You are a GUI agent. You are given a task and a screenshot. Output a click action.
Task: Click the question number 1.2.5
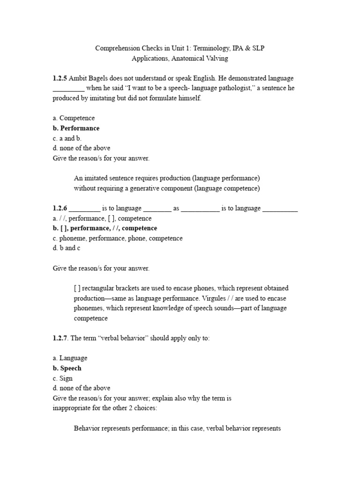[60, 78]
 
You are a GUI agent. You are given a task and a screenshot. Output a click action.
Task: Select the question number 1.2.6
[60, 209]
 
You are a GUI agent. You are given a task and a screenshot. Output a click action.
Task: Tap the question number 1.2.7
[61, 338]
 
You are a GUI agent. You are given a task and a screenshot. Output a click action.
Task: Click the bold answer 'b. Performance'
[76, 128]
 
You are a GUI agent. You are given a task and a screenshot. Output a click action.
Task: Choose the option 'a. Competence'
[74, 118]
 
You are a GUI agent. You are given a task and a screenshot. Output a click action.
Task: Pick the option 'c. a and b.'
[67, 138]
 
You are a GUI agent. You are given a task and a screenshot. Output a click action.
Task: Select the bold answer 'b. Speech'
[67, 368]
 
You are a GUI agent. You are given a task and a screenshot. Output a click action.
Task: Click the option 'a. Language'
[70, 358]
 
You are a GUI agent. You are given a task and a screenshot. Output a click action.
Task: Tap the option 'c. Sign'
[63, 378]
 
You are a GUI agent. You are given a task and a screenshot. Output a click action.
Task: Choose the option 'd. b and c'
[67, 248]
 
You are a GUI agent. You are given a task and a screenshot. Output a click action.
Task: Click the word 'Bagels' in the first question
[100, 78]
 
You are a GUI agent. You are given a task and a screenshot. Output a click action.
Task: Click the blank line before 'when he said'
[68, 88]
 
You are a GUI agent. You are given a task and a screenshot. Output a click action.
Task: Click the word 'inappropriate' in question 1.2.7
[73, 408]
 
